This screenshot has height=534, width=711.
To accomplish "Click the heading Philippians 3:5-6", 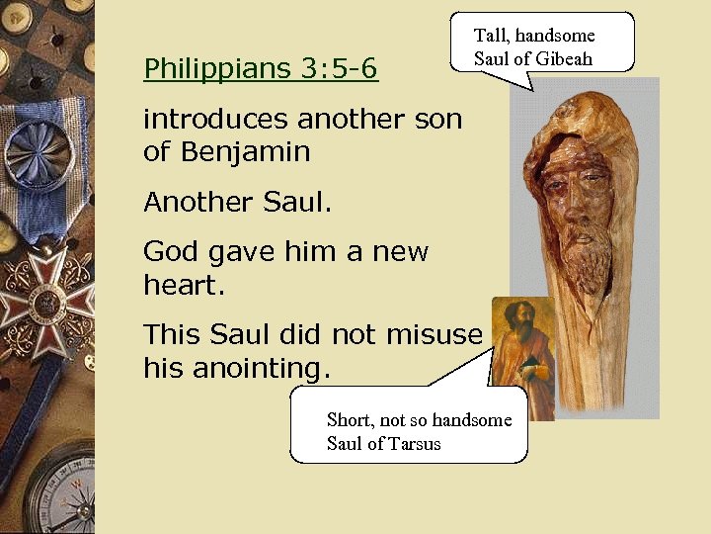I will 261,69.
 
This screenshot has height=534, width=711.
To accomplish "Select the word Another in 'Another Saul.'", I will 198,203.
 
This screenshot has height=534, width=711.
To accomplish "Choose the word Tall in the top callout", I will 491,36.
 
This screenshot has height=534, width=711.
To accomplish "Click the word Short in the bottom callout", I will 349,419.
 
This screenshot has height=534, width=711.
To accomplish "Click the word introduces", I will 216,120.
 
